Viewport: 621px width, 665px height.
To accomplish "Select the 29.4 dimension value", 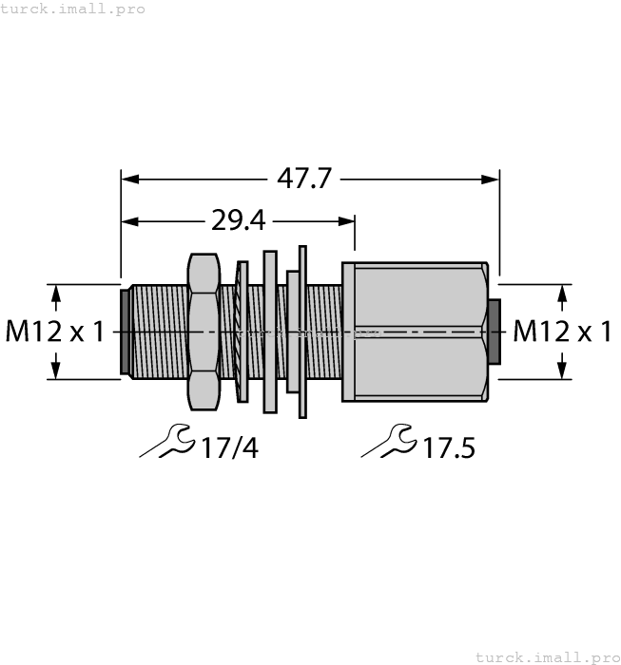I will point(238,222).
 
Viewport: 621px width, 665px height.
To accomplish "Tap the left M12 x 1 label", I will point(57,332).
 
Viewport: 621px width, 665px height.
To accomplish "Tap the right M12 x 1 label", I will point(562,332).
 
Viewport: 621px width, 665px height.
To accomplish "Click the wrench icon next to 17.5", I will point(389,440).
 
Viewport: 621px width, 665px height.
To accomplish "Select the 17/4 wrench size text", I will point(229,446).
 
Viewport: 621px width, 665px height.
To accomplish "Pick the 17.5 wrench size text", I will point(448,446).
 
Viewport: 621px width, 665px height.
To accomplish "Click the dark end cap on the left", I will point(125,332).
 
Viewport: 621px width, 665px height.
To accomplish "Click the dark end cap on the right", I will point(494,332).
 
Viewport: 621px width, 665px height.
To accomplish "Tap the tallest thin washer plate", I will point(303,332).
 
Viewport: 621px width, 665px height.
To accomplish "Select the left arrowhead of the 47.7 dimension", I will point(130,179).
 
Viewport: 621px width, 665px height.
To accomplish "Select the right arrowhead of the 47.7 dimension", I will point(490,179).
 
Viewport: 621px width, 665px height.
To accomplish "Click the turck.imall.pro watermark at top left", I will point(73,9).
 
